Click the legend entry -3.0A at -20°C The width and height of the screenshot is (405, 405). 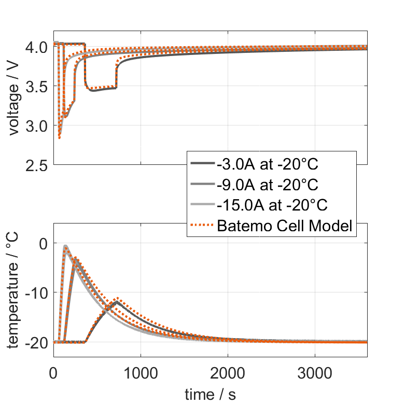click(x=267, y=164)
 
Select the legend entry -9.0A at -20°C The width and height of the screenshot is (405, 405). click(x=267, y=185)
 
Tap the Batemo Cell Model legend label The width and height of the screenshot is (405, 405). click(x=285, y=226)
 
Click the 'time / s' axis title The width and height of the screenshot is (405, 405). click(x=210, y=394)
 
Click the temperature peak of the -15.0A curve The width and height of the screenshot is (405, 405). click(x=65, y=246)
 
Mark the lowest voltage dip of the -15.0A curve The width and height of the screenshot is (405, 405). click(x=60, y=137)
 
